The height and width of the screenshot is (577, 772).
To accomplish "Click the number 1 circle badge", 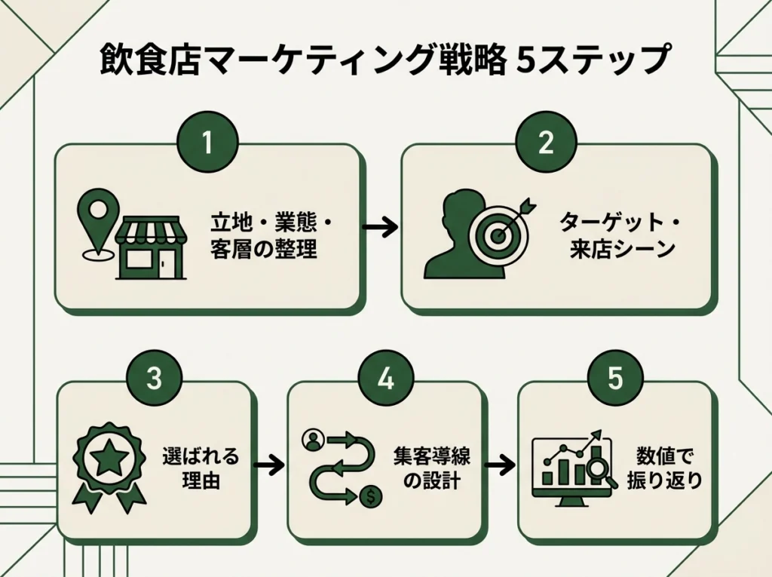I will coord(207,143).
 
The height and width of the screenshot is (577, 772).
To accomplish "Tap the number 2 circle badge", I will coord(546,143).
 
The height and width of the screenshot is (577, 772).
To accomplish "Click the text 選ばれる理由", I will coord(201,468).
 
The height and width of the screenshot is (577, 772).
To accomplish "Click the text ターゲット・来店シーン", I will coord(618,235).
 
